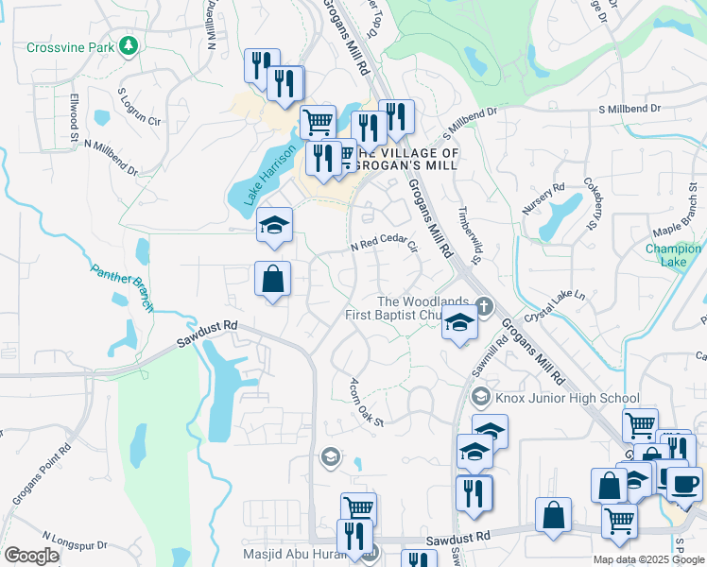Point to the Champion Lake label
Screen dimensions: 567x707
[672, 255]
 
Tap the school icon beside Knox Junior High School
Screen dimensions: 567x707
[481, 397]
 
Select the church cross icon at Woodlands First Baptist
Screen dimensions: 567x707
[484, 306]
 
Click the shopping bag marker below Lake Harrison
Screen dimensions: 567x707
[272, 279]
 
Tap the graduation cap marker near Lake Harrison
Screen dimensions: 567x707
[274, 225]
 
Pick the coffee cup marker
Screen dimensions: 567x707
[684, 483]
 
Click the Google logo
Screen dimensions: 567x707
[32, 556]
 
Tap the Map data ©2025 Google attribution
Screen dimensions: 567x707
[647, 559]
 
